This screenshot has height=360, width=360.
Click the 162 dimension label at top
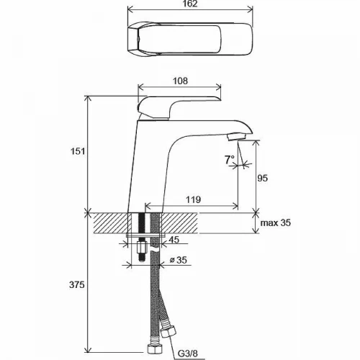coord(190,4)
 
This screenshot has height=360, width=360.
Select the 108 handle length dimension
coord(180,81)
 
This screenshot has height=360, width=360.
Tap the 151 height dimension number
coord(78,151)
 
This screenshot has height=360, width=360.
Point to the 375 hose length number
coord(77,285)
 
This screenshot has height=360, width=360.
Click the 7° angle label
coord(230,159)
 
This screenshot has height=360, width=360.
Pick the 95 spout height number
coord(262,179)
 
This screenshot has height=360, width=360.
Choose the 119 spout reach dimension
coord(194,199)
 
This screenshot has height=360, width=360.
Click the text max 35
coord(276,222)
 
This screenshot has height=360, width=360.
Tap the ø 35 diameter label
coord(179,260)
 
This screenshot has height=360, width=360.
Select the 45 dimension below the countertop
coord(174,240)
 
